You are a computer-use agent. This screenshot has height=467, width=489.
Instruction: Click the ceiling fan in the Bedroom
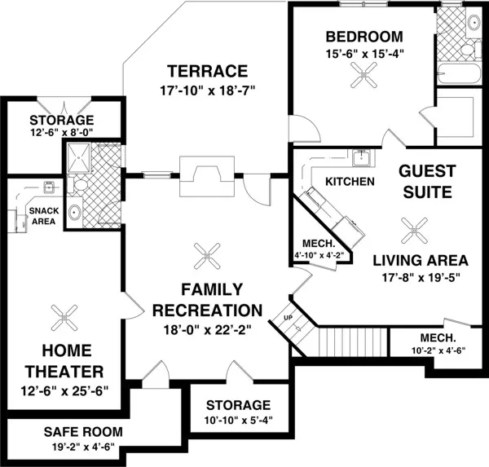[363, 75]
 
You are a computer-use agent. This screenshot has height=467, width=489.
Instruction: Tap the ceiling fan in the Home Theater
[64, 318]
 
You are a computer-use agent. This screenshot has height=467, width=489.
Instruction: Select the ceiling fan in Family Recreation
[207, 256]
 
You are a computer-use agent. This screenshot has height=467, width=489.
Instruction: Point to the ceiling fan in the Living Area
[415, 231]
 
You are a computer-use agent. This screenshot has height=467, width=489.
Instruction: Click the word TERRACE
[207, 71]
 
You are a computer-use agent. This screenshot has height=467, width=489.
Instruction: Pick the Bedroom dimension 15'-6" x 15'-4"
[364, 54]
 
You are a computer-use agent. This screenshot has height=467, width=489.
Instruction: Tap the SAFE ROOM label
[83, 432]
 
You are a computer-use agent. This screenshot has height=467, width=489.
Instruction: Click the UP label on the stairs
[289, 318]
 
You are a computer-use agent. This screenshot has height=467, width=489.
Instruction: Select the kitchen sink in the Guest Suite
[361, 157]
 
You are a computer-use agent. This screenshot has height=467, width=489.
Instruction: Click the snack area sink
[49, 187]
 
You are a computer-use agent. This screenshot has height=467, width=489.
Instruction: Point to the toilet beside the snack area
[77, 185]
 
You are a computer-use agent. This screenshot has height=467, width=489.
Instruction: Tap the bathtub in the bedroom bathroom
[459, 73]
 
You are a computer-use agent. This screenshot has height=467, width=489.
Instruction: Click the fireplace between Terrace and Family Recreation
[207, 176]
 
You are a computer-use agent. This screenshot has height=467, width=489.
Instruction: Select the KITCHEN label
[350, 182]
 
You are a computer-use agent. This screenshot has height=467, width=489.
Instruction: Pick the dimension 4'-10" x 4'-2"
[319, 255]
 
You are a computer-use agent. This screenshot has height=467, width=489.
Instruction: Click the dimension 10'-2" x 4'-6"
[438, 350]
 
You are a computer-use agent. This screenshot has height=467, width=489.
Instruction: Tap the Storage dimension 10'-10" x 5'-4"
[239, 421]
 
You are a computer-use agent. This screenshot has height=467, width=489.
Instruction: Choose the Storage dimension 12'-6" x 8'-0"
[62, 133]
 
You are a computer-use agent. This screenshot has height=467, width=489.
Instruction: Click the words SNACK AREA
[44, 216]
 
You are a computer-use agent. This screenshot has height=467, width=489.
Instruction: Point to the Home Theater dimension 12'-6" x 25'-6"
[64, 391]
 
